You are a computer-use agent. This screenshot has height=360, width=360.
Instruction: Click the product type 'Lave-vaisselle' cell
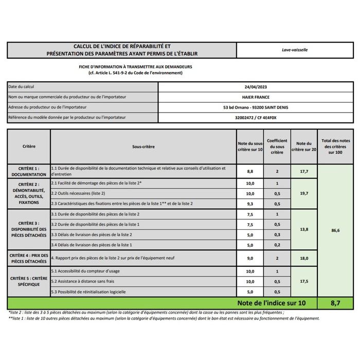click(295, 50)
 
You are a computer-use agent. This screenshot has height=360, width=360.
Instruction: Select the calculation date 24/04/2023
click(256, 87)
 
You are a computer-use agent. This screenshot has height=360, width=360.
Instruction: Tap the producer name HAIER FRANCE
click(256, 97)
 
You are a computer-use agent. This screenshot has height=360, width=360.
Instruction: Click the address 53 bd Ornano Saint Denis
click(256, 107)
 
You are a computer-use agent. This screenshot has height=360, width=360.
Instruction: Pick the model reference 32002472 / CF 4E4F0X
click(256, 118)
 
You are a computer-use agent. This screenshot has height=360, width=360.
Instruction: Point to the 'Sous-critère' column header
click(143, 147)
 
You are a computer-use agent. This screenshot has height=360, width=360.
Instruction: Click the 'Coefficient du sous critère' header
click(277, 147)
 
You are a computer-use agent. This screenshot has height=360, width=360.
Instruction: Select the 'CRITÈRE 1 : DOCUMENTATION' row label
click(29, 171)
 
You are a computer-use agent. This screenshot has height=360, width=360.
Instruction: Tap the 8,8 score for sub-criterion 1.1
click(250, 171)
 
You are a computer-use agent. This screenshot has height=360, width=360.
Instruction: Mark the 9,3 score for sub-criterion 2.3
click(250, 204)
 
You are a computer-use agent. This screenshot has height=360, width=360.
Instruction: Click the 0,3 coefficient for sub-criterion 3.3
click(277, 235)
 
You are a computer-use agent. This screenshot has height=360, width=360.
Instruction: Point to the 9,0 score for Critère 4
click(250, 259)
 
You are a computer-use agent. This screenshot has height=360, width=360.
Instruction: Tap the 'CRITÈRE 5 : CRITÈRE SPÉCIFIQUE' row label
click(29, 281)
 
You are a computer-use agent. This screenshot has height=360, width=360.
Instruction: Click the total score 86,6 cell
click(336, 231)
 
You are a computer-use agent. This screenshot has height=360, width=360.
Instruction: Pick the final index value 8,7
click(336, 303)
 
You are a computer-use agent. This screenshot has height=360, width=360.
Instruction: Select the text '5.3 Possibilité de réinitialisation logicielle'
click(88, 292)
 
